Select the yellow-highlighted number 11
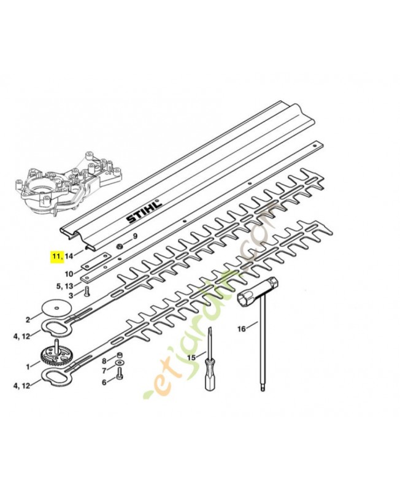[56, 256]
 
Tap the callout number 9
[135, 236]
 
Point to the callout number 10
[69, 273]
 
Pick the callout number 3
[71, 295]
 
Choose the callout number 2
[28, 319]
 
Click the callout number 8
[104, 360]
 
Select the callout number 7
[104, 371]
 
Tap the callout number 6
[104, 382]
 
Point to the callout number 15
[191, 357]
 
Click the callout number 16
[242, 329]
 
